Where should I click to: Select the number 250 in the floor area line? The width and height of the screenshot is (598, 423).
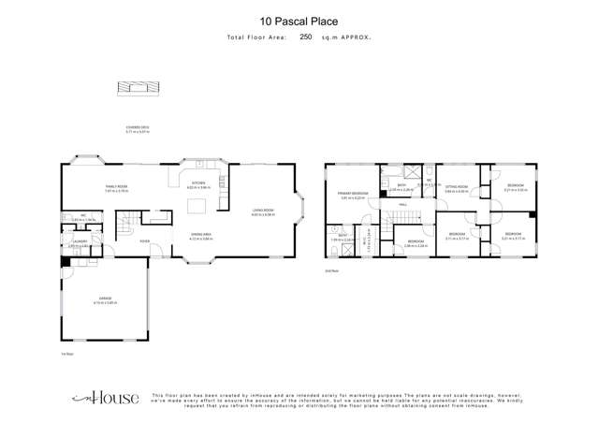306,37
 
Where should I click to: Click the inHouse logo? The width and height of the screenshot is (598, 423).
104,398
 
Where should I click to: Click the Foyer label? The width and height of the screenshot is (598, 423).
145,241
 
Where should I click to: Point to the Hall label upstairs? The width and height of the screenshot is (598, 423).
402,205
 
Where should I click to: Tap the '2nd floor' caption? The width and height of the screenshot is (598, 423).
330,270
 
